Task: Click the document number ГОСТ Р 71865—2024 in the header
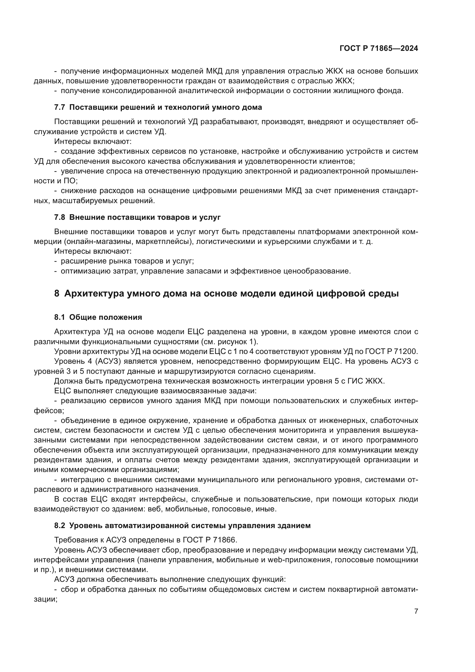379,49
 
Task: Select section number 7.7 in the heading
59,107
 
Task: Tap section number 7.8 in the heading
59,217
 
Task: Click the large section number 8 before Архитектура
57,293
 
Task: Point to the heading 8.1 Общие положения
98,317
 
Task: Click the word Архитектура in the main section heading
94,293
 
